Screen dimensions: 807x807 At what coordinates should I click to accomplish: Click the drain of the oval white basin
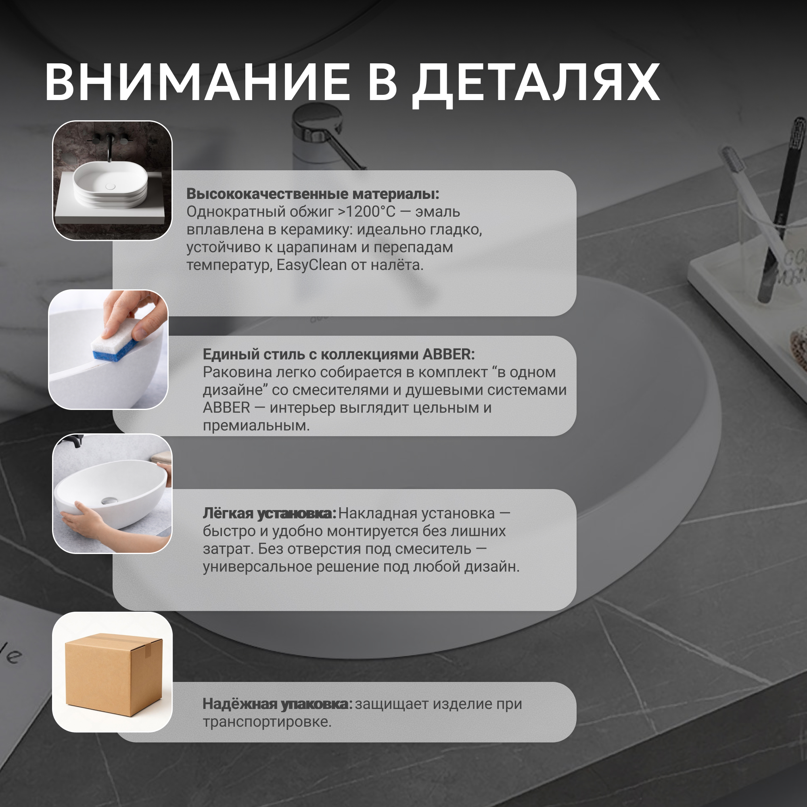pyautogui.click(x=109, y=500)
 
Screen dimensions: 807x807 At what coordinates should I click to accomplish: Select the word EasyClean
pyautogui.click(x=312, y=265)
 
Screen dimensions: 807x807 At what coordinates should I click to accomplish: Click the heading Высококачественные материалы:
pyautogui.click(x=313, y=194)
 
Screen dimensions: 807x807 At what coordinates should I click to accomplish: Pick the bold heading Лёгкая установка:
pyautogui.click(x=270, y=513)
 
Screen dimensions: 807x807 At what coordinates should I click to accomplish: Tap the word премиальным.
pyautogui.click(x=256, y=426)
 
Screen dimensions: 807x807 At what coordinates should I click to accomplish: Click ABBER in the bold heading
pyautogui.click(x=449, y=354)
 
